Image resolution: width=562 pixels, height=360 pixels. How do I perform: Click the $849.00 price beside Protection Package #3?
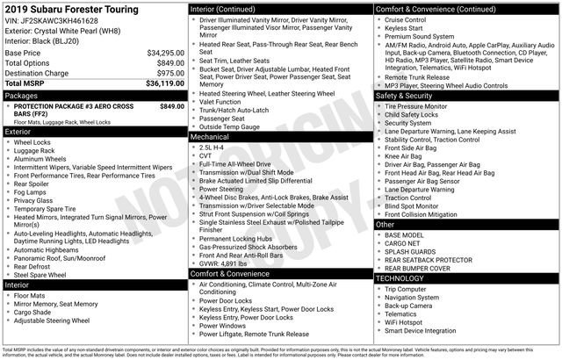171,105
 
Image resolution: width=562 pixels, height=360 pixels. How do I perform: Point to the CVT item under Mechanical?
207,156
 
